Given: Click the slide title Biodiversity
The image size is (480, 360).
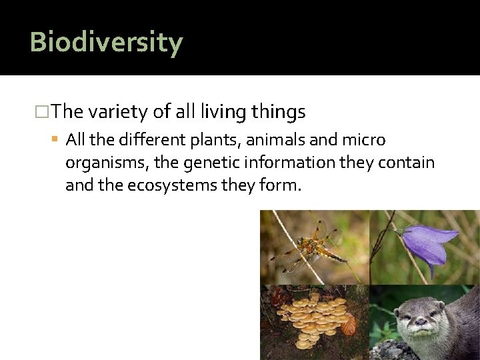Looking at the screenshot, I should [106, 42].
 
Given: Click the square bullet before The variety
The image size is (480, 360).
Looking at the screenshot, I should [45, 112].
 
